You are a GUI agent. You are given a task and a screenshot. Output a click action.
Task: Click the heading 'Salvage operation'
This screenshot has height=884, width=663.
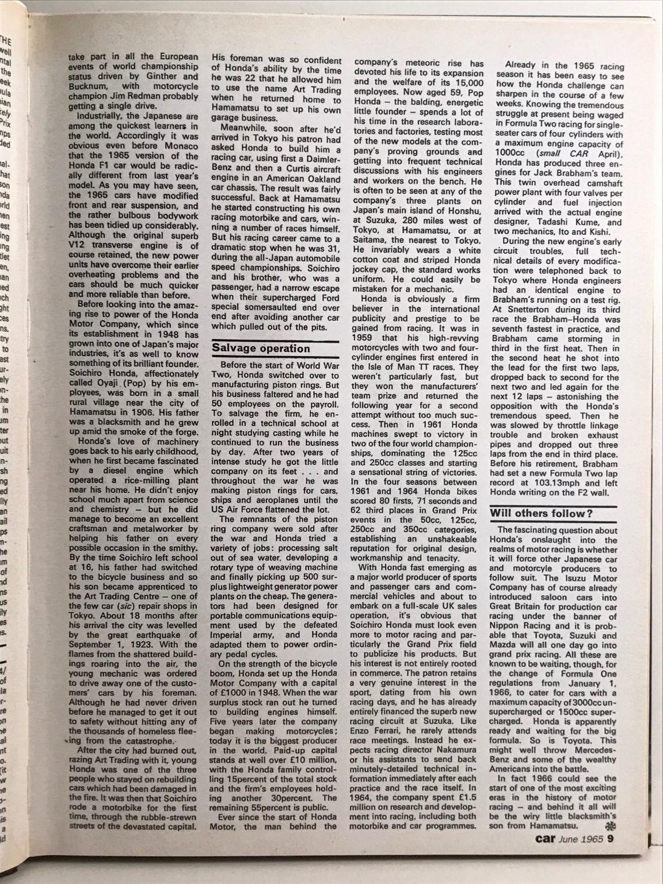pyautogui.click(x=261, y=348)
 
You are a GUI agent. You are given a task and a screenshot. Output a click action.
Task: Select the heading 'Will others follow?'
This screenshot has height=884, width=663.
pyautogui.click(x=542, y=513)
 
